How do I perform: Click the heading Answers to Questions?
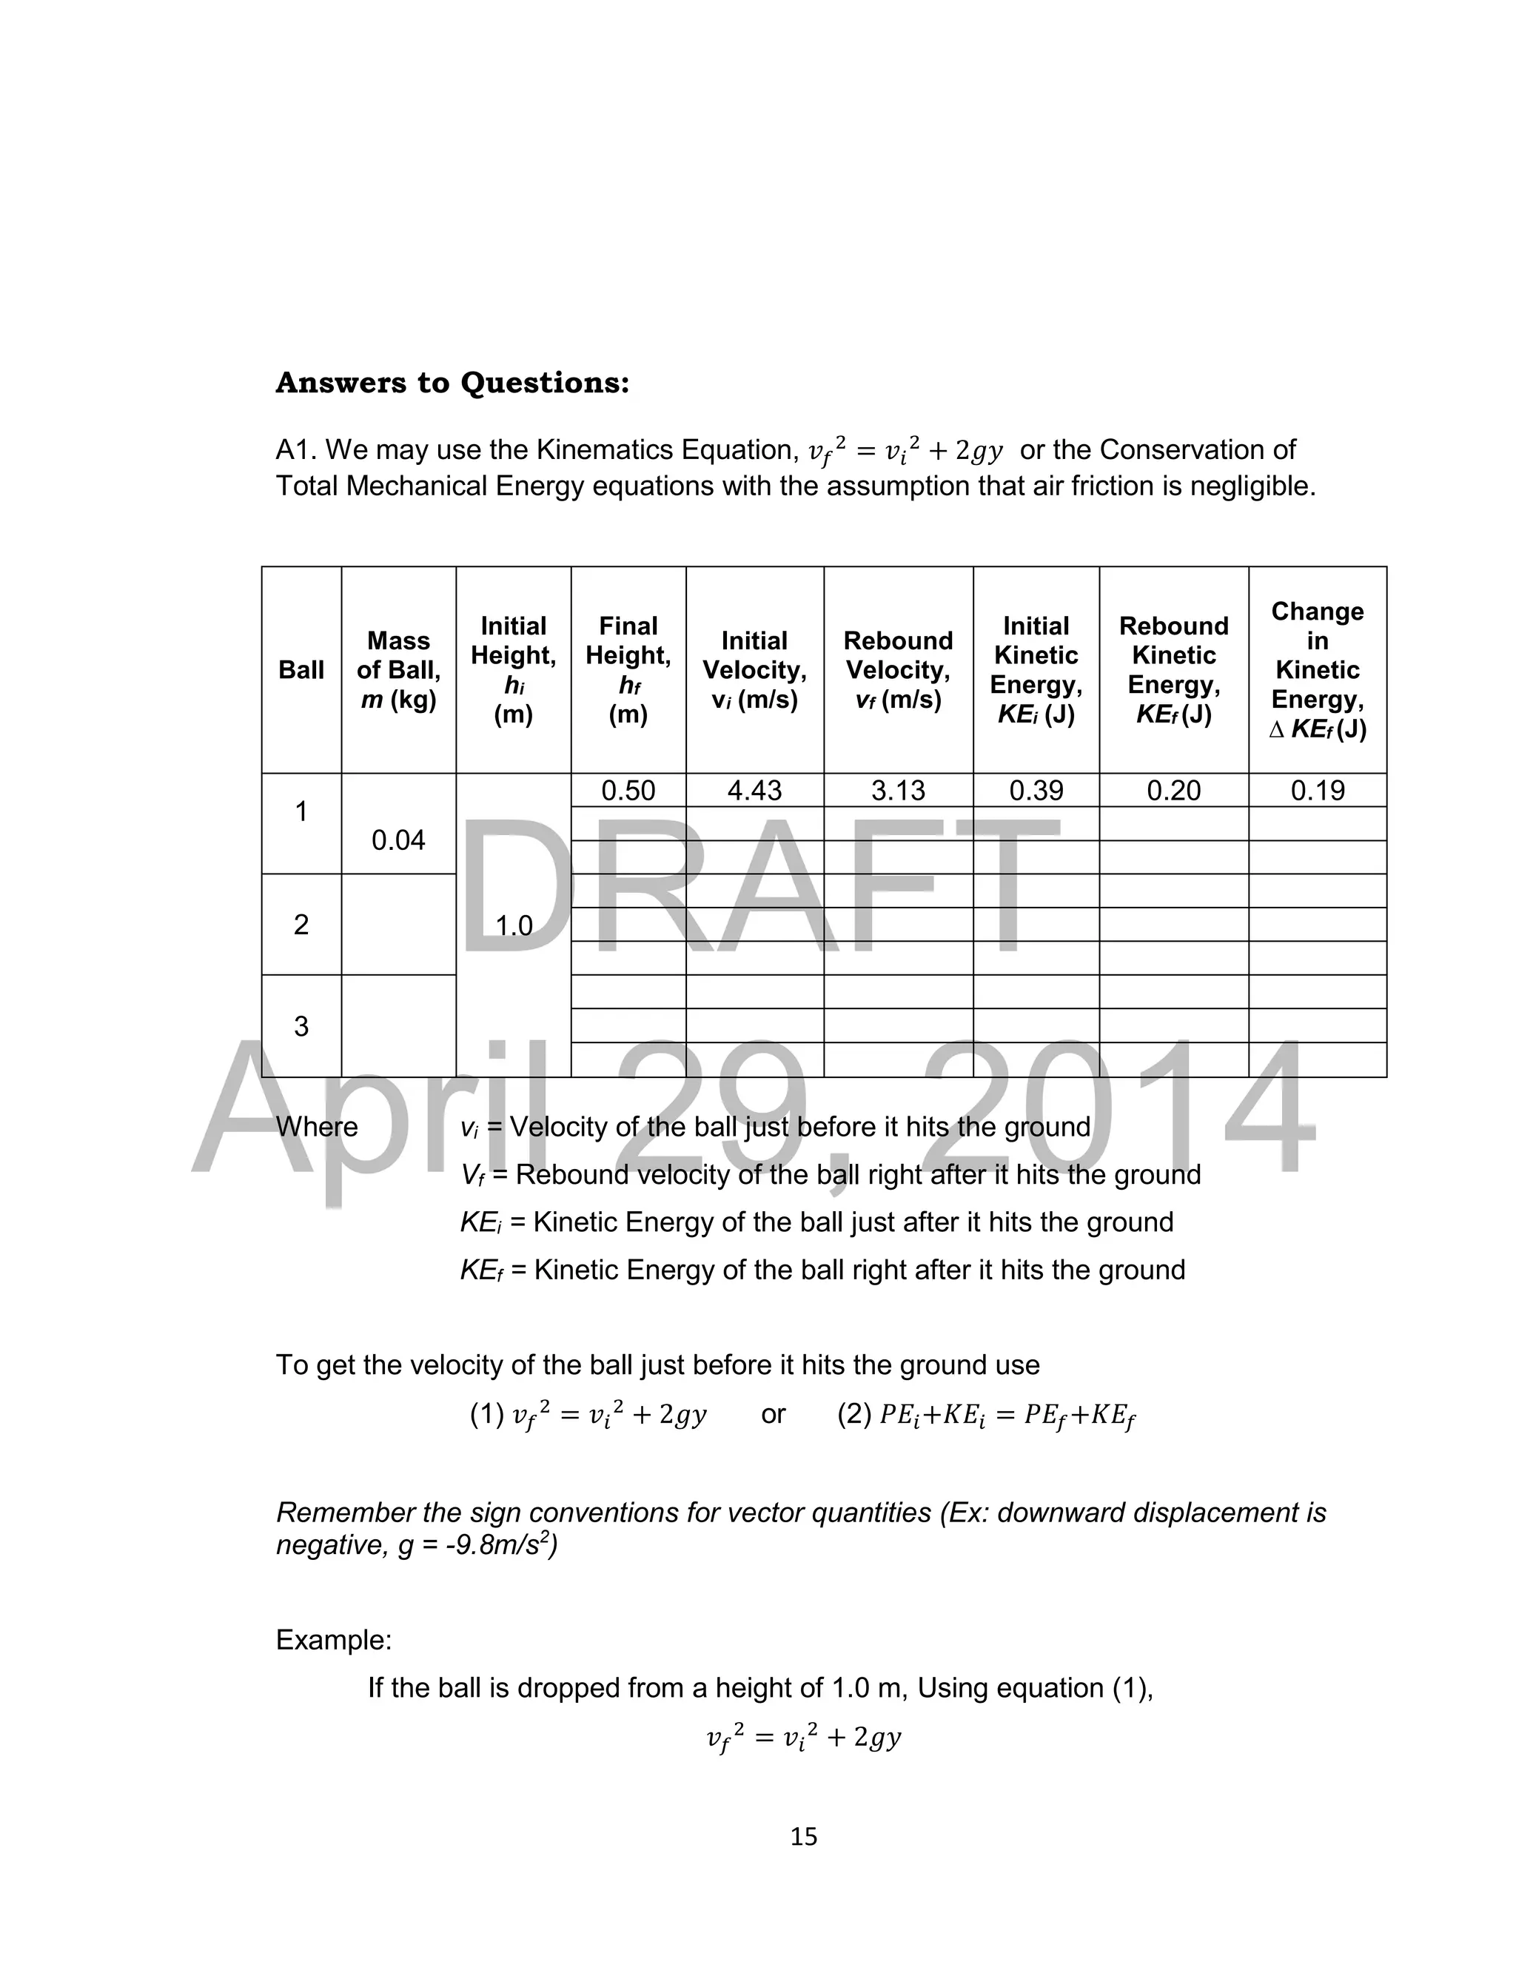click(452, 383)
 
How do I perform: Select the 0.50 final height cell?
click(628, 791)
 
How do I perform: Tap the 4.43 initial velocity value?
click(754, 791)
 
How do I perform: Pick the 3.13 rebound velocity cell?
click(898, 791)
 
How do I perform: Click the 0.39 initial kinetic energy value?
click(1036, 791)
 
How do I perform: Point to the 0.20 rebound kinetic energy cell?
click(1173, 791)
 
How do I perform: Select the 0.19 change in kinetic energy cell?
click(1318, 791)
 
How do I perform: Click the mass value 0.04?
click(398, 840)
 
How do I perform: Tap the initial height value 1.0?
click(514, 925)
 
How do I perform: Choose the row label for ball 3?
click(301, 1026)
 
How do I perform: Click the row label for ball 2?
click(301, 924)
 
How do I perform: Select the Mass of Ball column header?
click(398, 669)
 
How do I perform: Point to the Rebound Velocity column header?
click(898, 669)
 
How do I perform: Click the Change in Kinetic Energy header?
click(1318, 669)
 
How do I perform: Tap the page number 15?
click(803, 1836)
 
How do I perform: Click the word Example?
click(334, 1639)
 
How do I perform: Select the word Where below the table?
click(317, 1127)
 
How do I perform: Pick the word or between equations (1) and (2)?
click(774, 1414)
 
